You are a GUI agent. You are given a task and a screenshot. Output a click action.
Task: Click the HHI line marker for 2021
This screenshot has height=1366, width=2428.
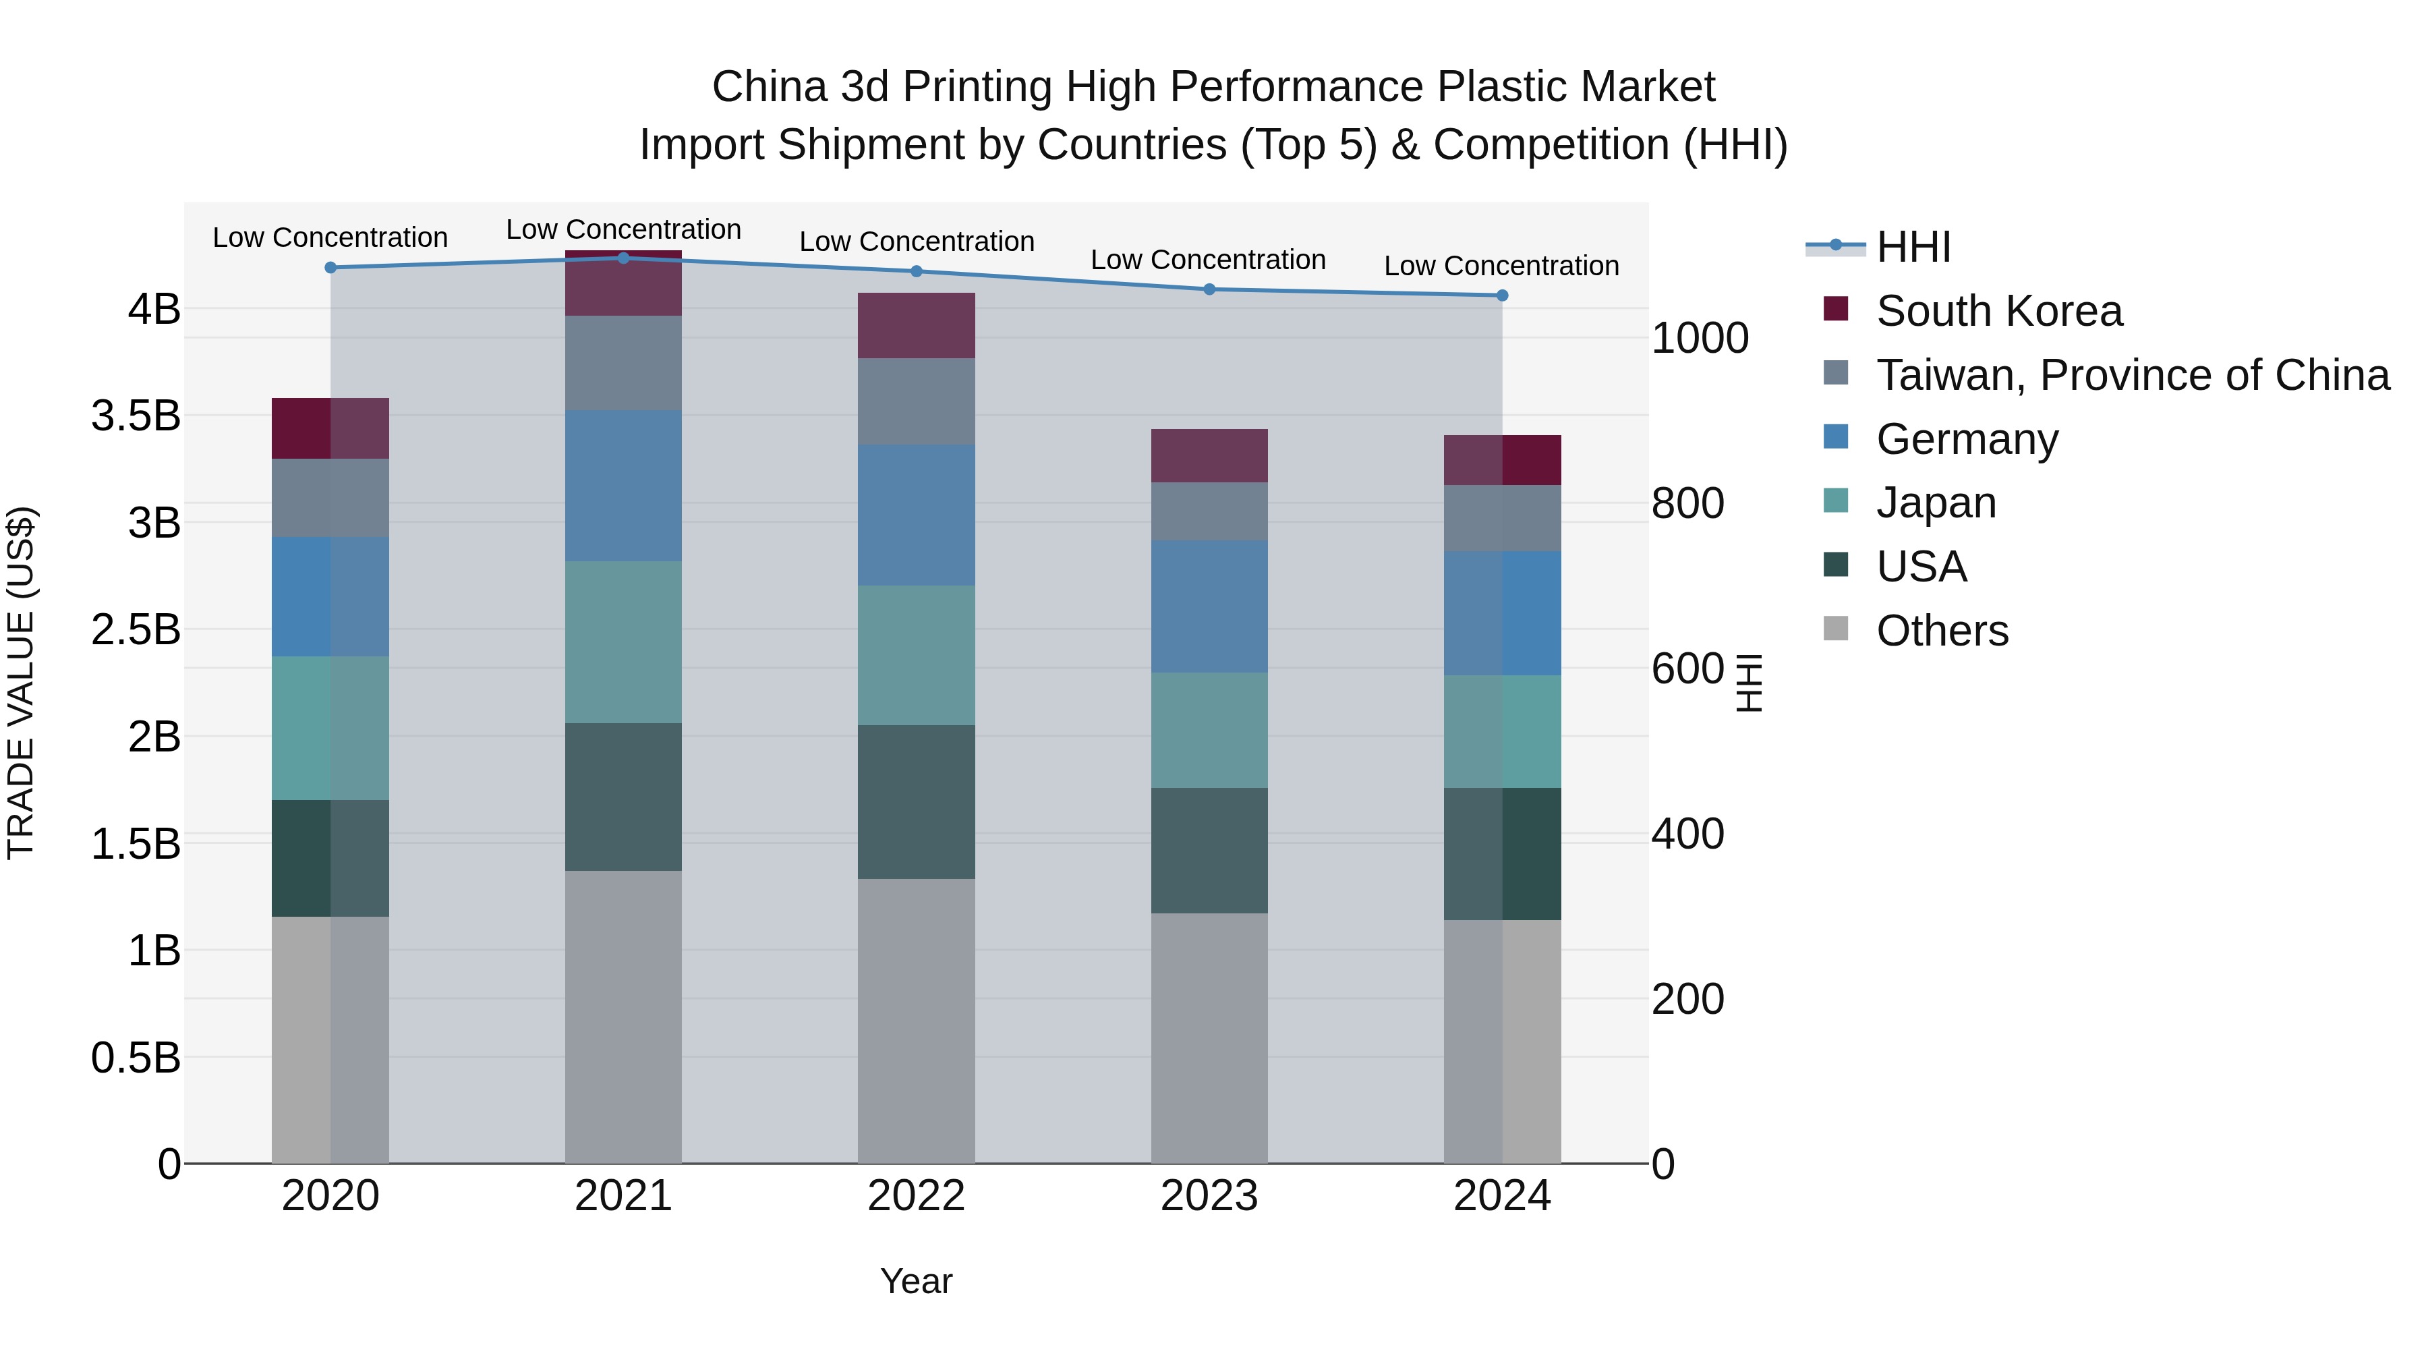tap(623, 258)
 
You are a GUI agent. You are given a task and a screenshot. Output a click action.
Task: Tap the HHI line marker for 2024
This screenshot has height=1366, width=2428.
tap(1503, 295)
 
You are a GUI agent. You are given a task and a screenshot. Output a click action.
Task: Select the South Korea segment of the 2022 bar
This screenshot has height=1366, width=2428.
tap(916, 325)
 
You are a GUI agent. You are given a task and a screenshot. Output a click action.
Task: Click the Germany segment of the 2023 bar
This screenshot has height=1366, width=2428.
tap(1209, 606)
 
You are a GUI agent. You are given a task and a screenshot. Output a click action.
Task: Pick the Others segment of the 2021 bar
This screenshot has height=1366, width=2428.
tap(623, 1017)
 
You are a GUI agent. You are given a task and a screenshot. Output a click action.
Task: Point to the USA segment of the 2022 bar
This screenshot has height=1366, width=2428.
tap(916, 801)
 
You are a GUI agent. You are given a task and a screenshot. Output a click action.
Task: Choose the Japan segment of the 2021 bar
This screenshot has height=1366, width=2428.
tap(623, 642)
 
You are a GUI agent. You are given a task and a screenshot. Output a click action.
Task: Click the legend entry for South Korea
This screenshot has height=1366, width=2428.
tap(1998, 311)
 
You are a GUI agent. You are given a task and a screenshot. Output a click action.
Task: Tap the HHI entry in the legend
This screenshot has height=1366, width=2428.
tap(1913, 247)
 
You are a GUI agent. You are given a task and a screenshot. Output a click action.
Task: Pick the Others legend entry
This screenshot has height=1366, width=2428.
tap(1942, 631)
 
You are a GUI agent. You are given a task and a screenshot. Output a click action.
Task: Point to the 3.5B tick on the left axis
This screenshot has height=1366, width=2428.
tap(136, 416)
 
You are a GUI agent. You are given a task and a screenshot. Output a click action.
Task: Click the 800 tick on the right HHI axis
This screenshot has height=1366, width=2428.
tap(1687, 503)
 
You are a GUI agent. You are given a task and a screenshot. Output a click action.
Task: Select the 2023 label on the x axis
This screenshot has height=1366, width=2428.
tap(1209, 1196)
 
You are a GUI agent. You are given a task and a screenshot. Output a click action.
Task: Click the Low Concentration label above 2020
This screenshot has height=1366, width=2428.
tap(330, 237)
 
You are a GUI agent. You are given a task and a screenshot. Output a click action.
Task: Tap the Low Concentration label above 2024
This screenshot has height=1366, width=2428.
tap(1501, 266)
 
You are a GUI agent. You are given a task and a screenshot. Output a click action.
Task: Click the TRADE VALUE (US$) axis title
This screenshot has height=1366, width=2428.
tap(21, 683)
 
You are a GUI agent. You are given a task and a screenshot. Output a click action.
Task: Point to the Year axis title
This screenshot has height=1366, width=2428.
tap(916, 1281)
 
